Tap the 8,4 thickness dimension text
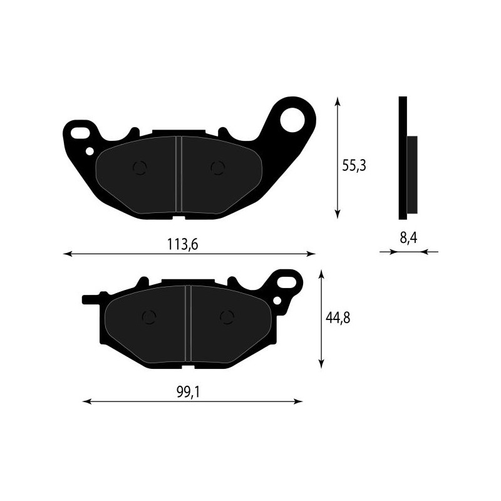coord(408,239)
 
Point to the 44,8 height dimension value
coord(337,318)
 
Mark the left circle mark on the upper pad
coord(140,167)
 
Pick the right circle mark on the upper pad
coord(217,167)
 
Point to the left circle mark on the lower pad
coord(149,318)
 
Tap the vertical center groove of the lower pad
coord(187,323)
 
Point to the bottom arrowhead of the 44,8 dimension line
coord(321,364)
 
